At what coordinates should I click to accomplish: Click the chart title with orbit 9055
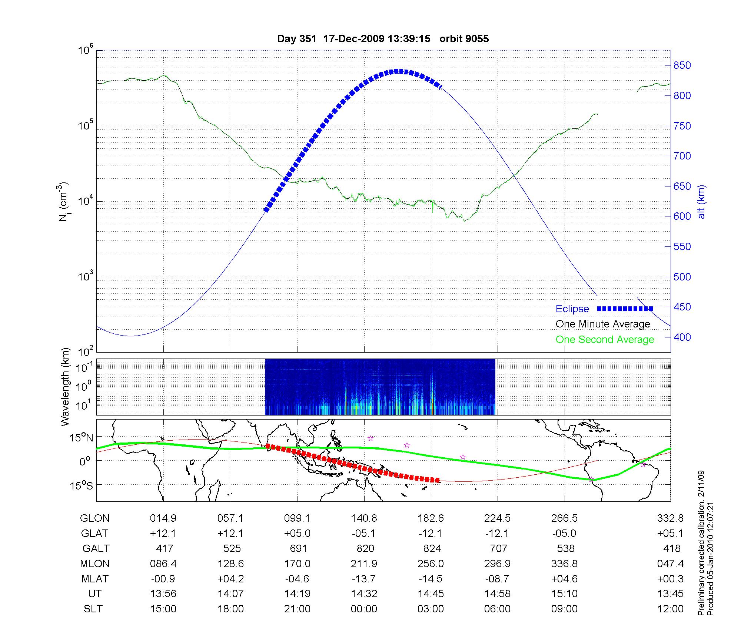pyautogui.click(x=383, y=39)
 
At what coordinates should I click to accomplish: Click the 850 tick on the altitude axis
pyautogui.click(x=682, y=65)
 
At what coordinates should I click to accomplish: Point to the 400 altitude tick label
pyautogui.click(x=682, y=337)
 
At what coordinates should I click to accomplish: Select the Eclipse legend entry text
pyautogui.click(x=572, y=309)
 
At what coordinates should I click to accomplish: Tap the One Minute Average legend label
pyautogui.click(x=603, y=324)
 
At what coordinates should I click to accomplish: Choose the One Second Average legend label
pyautogui.click(x=605, y=340)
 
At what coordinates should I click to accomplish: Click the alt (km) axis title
pyautogui.click(x=701, y=202)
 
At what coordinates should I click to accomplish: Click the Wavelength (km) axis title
pyautogui.click(x=66, y=387)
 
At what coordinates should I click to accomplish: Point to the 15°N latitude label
pyautogui.click(x=81, y=438)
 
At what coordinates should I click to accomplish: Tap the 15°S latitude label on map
pyautogui.click(x=81, y=485)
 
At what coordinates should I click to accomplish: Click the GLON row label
pyautogui.click(x=94, y=518)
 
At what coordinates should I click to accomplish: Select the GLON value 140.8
pyautogui.click(x=364, y=518)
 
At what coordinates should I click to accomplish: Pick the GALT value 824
pyautogui.click(x=432, y=548)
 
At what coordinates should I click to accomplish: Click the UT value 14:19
pyautogui.click(x=297, y=594)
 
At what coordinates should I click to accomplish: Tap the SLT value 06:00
pyautogui.click(x=497, y=609)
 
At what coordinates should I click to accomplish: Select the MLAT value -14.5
pyautogui.click(x=431, y=579)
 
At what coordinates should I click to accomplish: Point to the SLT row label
pyautogui.click(x=93, y=609)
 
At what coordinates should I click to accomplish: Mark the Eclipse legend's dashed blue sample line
pyautogui.click(x=625, y=309)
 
